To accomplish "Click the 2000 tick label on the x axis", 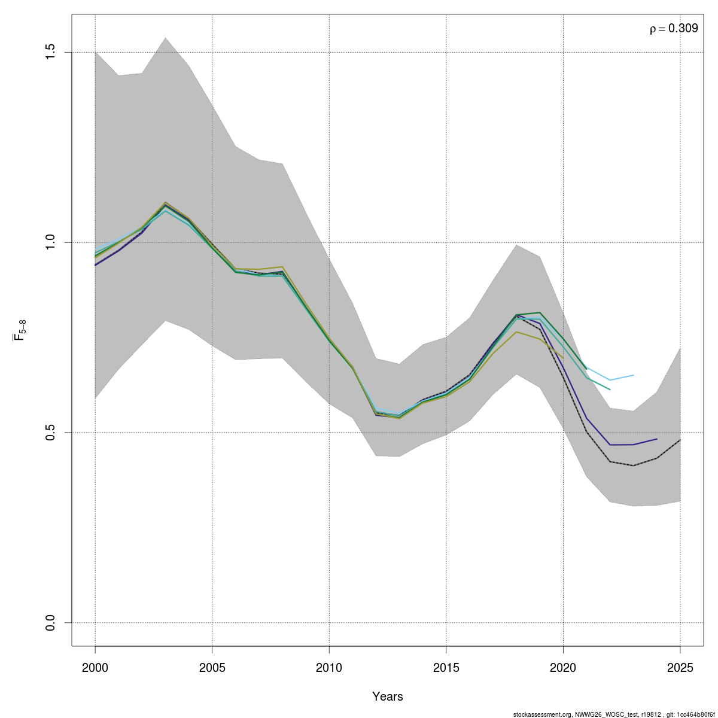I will tap(95, 668).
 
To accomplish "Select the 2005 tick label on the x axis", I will tap(212, 668).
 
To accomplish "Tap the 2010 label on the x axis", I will tap(329, 668).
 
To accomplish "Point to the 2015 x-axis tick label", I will tap(446, 668).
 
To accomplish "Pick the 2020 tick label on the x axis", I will tap(563, 668).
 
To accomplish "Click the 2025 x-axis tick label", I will tap(680, 668).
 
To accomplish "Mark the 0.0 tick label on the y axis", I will tap(51, 622).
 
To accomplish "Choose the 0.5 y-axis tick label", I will tap(51, 433).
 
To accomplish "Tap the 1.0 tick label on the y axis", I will tap(51, 242).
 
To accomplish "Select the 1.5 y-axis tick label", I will tap(51, 53).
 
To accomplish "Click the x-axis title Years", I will tap(388, 696).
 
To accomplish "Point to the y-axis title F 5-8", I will tap(19, 330).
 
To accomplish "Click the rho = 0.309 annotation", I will tap(674, 28).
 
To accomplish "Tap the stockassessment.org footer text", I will tap(615, 714).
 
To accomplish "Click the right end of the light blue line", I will tap(633, 375).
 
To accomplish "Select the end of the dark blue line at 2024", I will tap(656, 439).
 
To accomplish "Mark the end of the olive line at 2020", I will tap(563, 358).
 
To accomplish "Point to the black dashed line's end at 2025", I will tap(680, 440).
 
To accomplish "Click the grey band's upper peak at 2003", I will tap(165, 38).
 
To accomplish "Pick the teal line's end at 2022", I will tap(610, 390).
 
